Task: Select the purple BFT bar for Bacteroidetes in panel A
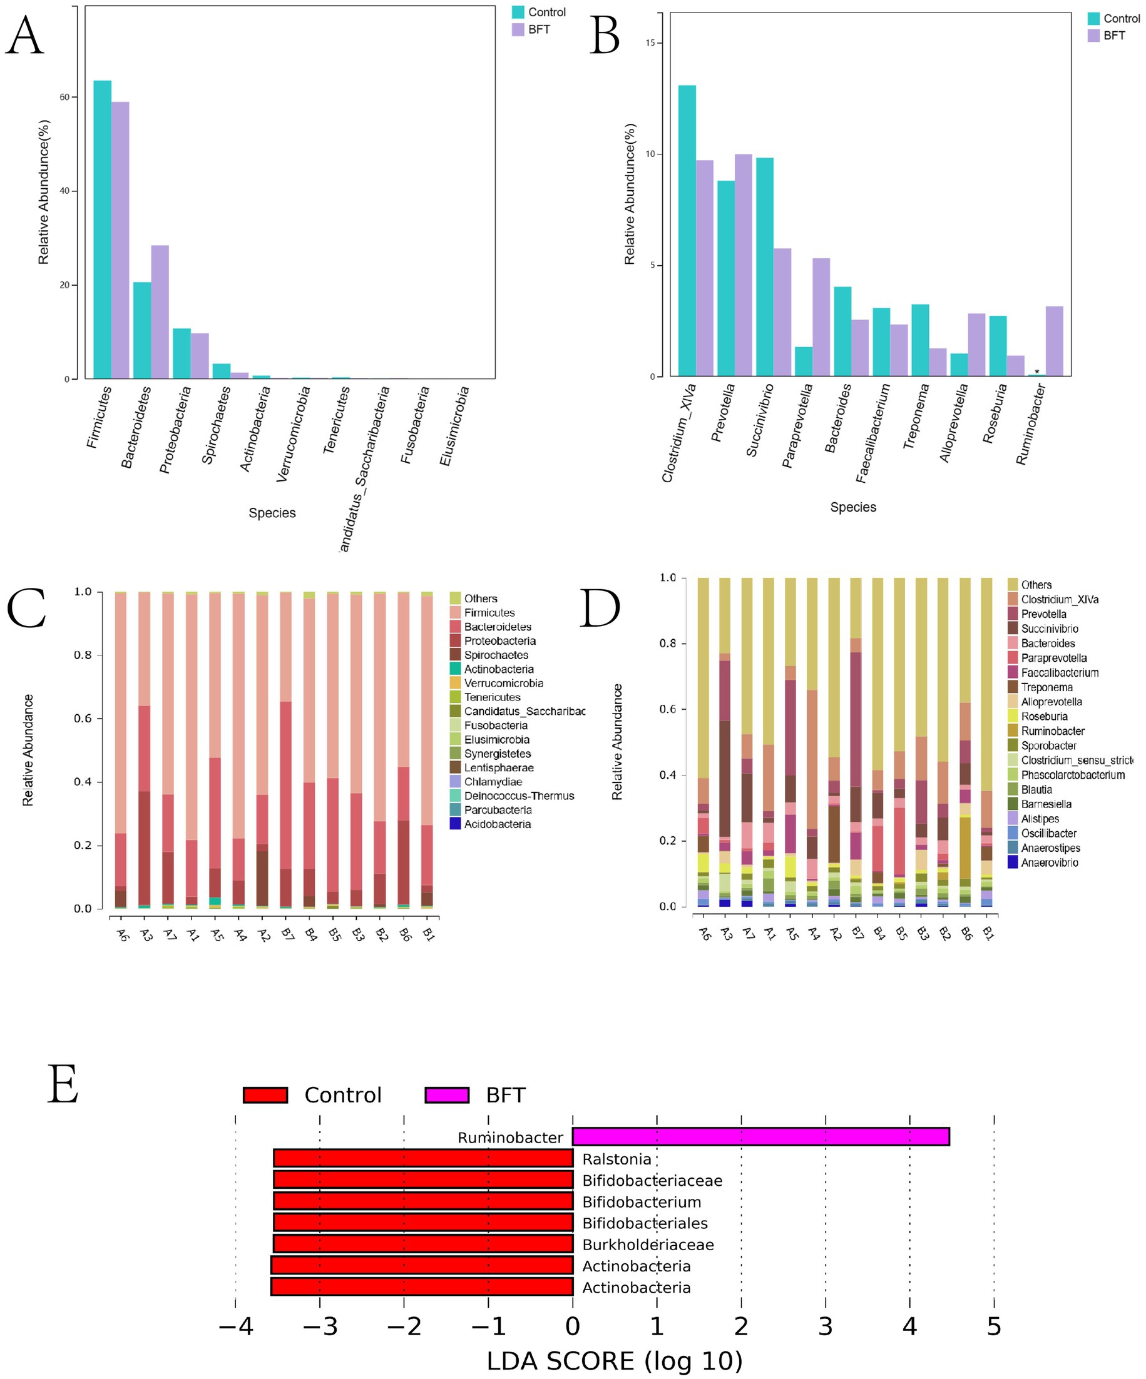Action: click(160, 311)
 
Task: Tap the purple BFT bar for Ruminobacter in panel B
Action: click(1053, 341)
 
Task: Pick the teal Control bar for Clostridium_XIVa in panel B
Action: click(687, 231)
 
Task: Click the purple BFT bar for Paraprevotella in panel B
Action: click(821, 316)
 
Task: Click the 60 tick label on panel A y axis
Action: click(64, 97)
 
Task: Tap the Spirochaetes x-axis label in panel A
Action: click(217, 425)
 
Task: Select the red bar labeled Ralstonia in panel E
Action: click(422, 1158)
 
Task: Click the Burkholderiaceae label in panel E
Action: click(647, 1245)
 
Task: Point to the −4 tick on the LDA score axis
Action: click(235, 1326)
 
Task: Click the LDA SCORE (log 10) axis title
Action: click(614, 1361)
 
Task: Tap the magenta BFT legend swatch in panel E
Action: click(447, 1094)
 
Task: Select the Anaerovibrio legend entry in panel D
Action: click(1049, 862)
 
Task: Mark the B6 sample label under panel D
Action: click(966, 933)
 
